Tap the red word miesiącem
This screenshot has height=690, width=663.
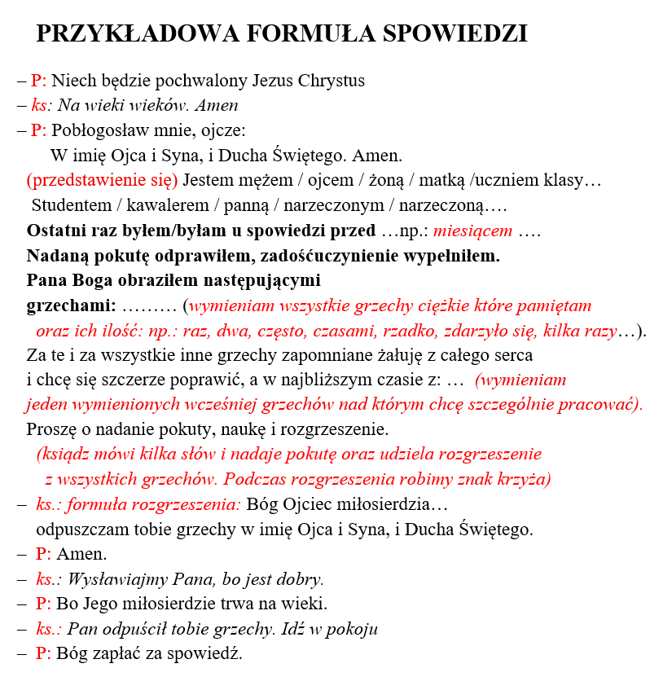coord(472,231)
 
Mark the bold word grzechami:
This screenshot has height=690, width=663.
coord(72,306)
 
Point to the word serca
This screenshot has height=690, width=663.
coord(512,355)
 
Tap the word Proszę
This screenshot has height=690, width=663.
coord(51,429)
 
